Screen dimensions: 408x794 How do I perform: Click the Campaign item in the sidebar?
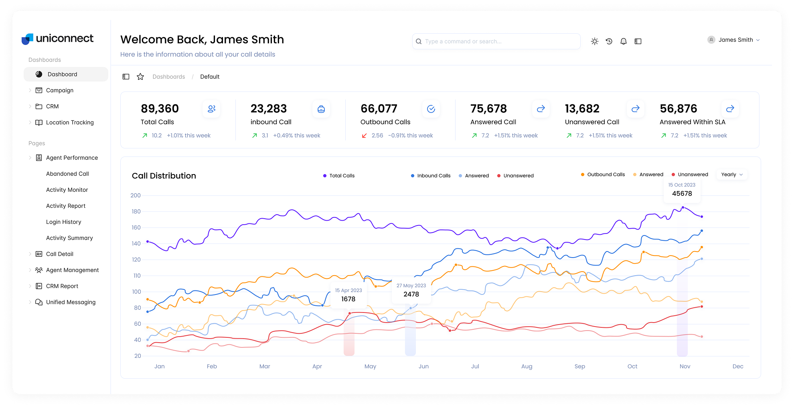[59, 90]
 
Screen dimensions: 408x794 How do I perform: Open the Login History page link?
[63, 222]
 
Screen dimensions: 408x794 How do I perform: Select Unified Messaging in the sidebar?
[71, 302]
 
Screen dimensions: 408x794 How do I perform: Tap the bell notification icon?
[623, 41]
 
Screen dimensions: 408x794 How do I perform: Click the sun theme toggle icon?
[594, 41]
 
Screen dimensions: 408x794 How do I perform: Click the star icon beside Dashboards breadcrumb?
[140, 77]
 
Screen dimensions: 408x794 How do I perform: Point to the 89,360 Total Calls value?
[160, 109]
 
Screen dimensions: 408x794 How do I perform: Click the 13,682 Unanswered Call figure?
[582, 109]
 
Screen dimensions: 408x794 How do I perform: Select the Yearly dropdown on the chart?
[732, 175]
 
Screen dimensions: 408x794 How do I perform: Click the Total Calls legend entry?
[339, 176]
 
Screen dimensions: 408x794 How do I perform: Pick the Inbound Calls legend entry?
[431, 176]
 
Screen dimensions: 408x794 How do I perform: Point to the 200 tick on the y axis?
[136, 195]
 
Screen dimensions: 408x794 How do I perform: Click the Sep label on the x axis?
[579, 366]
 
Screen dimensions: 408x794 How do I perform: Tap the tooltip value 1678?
[348, 299]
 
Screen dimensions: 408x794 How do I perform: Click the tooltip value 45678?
[682, 193]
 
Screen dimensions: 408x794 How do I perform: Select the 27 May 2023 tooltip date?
[411, 286]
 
